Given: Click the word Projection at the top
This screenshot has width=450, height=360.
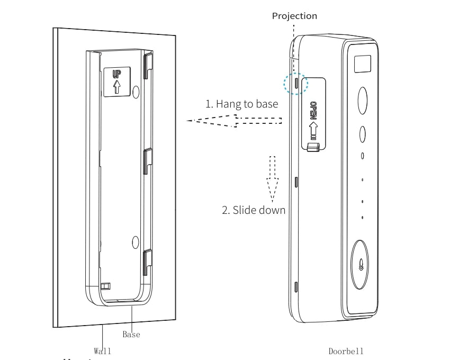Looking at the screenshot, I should pos(294,16).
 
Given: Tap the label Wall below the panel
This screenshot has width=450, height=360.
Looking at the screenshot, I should pos(102,350).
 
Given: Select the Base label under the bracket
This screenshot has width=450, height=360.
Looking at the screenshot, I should pos(131,335).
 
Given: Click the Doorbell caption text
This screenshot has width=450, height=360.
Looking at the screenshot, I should pos(346,351).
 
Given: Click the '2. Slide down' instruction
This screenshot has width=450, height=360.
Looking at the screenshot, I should pos(253,210).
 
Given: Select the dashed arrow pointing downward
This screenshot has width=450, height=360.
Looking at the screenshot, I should pos(273,179).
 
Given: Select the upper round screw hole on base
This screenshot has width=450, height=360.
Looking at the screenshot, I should pos(136,90).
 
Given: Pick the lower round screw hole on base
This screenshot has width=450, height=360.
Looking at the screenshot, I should pos(135,242).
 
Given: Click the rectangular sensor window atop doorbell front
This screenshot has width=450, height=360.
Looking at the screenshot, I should pos(363,64).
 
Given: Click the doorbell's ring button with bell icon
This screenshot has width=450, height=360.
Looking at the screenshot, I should pos(362,265).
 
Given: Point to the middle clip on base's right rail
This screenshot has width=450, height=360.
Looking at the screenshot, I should pos(147,161).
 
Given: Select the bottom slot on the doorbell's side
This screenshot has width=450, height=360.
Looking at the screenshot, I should pos(295,287).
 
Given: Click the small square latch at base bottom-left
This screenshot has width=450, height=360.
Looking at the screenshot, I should pos(105,286).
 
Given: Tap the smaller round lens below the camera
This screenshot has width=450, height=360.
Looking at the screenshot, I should pos(363,134).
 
